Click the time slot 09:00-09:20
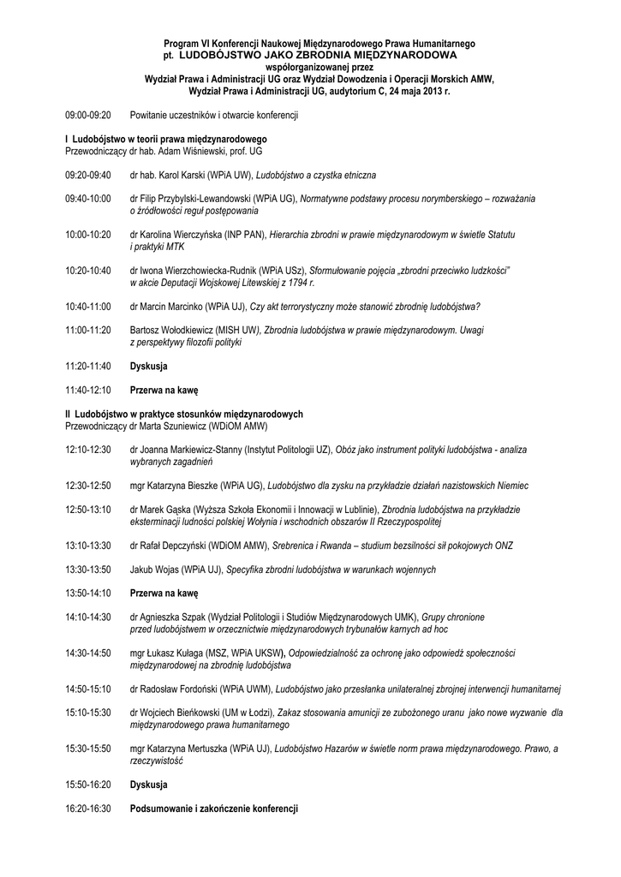coord(88,115)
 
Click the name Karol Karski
coord(183,175)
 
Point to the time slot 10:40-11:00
coord(88,306)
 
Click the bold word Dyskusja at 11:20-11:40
coord(148,366)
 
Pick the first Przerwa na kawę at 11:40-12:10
coord(164,390)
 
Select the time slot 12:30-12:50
coord(88,485)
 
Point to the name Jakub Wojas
coord(153,569)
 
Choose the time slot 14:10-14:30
coord(88,617)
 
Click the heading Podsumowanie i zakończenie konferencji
coord(213,808)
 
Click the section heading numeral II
coord(68,414)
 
